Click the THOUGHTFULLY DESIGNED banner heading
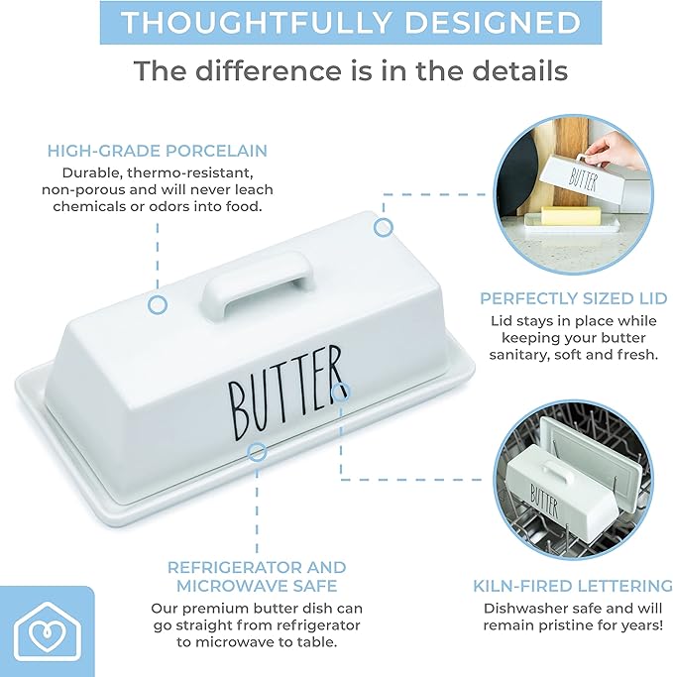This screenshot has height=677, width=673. tap(351, 22)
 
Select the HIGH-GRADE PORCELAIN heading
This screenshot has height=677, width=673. tap(158, 151)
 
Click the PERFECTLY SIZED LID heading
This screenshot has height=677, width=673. tap(573, 298)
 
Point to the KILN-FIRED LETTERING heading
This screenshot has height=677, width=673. tap(573, 586)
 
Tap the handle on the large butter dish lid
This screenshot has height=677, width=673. tap(257, 282)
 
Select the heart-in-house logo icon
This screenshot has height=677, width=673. tap(47, 630)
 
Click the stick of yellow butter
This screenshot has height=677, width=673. tap(571, 215)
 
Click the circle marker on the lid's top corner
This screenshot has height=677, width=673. tap(383, 227)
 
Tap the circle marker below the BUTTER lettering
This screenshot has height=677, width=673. tap(257, 452)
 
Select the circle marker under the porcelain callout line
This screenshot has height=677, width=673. tap(158, 305)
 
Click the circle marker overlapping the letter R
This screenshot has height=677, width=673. tap(341, 393)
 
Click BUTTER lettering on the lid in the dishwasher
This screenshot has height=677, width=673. tap(544, 502)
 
